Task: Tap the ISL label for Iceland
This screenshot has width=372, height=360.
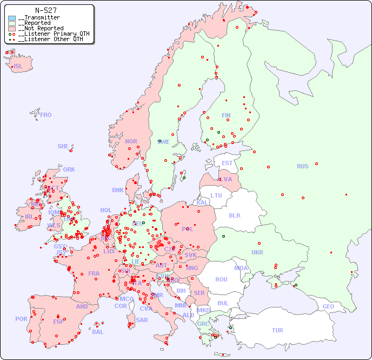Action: coord(18,67)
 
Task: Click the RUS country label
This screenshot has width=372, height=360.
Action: coord(302,166)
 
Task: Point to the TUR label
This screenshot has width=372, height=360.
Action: coord(277,330)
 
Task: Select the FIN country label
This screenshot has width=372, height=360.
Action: coord(226,115)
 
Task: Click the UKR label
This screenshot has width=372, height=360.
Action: coord(257,252)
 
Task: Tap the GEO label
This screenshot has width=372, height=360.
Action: coord(328,306)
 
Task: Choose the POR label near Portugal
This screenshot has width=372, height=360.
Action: coord(21,319)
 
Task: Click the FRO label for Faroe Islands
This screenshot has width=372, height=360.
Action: coord(46,115)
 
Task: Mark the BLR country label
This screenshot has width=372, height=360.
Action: coord(234,215)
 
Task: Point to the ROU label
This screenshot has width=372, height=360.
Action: coord(221,279)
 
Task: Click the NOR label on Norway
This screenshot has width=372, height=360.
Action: coord(131,141)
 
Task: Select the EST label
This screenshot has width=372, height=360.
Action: coord(227,163)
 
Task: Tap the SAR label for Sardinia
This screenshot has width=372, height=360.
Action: coord(142,320)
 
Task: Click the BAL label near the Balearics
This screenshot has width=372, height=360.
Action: coord(97,332)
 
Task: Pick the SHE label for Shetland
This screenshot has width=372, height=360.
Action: coord(63,146)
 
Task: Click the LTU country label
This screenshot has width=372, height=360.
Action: coord(216,195)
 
